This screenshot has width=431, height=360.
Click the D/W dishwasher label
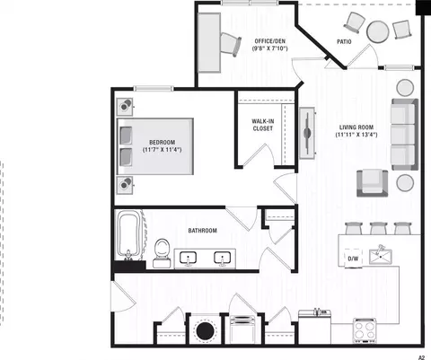click(353, 259)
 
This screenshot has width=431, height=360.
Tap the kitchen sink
click(381, 256)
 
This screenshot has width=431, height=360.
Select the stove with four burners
click(365, 330)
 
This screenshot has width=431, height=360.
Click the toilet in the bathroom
click(162, 253)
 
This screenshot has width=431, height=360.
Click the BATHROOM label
click(202, 231)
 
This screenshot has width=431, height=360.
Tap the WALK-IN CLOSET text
click(263, 125)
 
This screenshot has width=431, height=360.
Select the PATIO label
click(344, 42)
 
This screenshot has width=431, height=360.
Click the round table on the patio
click(378, 31)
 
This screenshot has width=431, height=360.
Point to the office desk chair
click(231, 44)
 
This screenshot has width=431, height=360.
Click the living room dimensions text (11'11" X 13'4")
click(356, 135)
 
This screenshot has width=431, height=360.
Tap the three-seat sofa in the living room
click(404, 135)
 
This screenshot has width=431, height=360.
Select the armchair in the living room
click(373, 183)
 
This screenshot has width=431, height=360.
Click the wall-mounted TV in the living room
click(307, 133)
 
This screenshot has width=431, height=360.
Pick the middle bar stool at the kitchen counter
click(379, 228)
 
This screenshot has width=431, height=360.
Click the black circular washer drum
click(206, 330)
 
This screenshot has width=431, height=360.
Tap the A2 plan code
click(421, 357)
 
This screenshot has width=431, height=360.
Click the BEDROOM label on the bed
click(163, 142)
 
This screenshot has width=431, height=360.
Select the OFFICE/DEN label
click(269, 41)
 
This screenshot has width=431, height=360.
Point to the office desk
click(209, 43)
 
